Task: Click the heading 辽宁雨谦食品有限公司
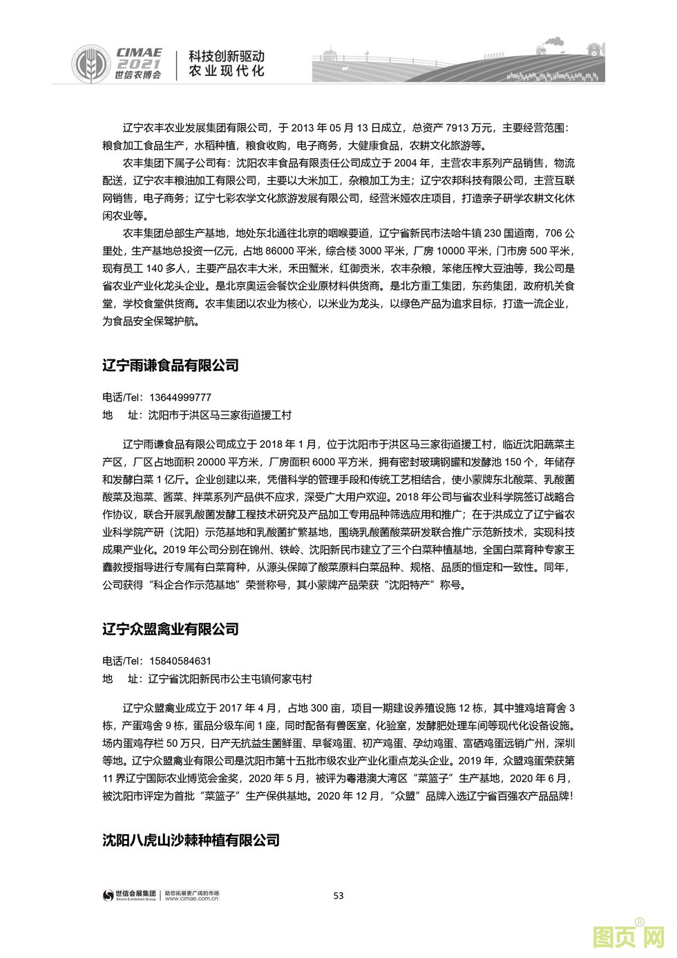point(171,366)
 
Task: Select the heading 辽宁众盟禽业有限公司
point(171,629)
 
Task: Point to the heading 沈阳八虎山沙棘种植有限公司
point(191,840)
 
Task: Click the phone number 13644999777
point(180,397)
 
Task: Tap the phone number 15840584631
point(180,661)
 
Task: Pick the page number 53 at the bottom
point(338,896)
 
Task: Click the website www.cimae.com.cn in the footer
point(191,900)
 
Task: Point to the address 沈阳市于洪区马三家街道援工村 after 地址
point(220,415)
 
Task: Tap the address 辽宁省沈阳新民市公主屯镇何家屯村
point(230,679)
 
